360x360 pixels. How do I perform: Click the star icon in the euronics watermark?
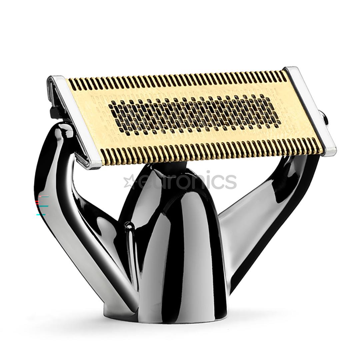(x=129, y=181)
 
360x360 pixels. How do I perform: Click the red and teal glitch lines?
(x=43, y=205)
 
